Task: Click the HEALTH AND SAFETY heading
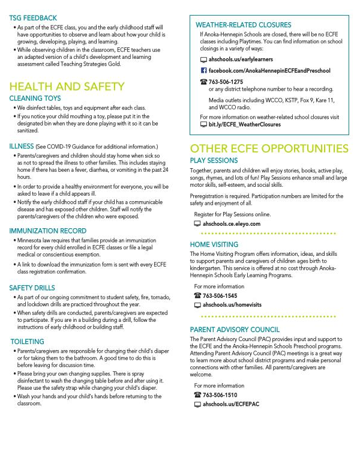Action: tap(67, 87)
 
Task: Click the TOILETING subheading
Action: tap(28, 341)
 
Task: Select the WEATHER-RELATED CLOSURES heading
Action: tap(244, 25)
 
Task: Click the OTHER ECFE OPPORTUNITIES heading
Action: tap(269, 148)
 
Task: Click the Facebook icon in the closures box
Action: tap(203, 70)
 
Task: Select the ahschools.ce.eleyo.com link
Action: tap(232, 223)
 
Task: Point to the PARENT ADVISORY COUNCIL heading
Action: tap(235, 330)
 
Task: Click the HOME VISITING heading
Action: tap(214, 244)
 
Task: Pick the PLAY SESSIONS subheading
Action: tap(214, 161)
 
